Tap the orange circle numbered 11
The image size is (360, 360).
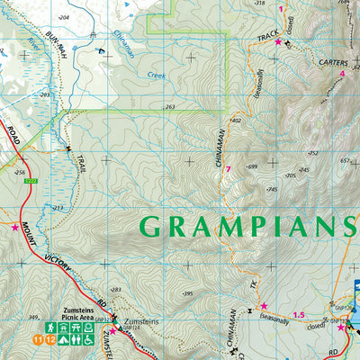point(37,339)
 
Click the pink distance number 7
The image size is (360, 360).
point(229,170)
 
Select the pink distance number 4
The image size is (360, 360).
point(342,74)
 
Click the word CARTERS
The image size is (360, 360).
point(314,63)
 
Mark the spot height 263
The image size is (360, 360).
point(170,107)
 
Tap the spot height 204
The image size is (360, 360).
point(63,18)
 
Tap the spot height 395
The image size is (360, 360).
point(187,294)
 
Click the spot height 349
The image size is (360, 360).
point(33,317)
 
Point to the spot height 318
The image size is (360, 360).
point(260,4)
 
